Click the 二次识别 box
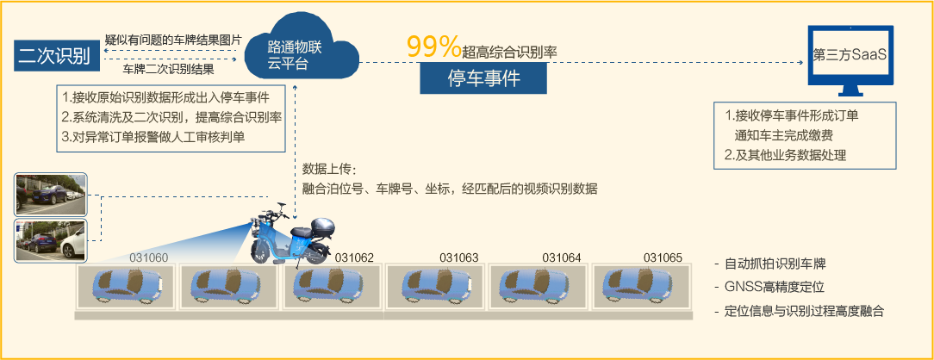tap(53, 57)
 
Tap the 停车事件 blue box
tap(483, 79)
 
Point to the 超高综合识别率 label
tap(509, 52)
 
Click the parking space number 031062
tap(354, 257)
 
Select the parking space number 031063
tap(458, 257)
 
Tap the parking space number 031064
tap(561, 257)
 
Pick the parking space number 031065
tap(663, 257)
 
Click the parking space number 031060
tap(148, 257)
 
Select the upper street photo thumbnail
tap(51, 193)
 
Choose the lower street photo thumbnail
tap(51, 240)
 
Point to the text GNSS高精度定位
tap(775, 287)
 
